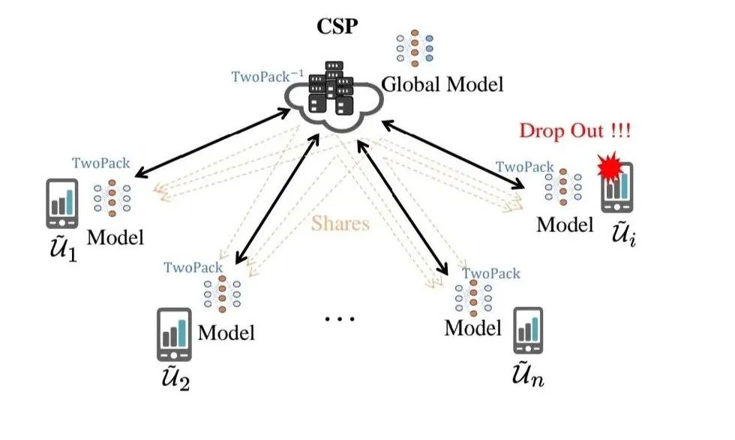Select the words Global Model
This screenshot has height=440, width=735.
point(442,84)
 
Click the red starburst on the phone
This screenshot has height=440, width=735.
point(610,169)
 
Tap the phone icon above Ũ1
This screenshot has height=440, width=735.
point(61,203)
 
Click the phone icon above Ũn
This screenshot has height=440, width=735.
point(528,330)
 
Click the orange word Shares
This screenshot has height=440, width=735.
point(340,223)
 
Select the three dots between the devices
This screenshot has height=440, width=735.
point(339,319)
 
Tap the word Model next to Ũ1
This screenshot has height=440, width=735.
point(115,237)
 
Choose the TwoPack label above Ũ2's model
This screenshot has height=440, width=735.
point(193,267)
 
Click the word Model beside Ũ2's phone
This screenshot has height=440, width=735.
point(226,332)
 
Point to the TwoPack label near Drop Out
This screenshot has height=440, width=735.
point(524,167)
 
